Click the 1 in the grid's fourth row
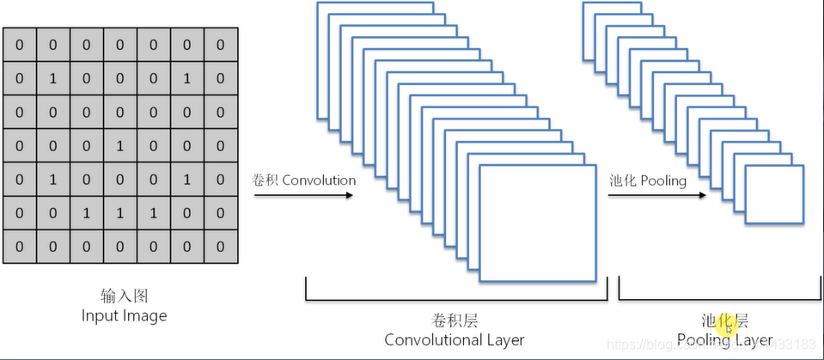coord(119,146)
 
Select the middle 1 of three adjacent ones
coord(119,213)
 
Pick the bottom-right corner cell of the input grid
coord(220,247)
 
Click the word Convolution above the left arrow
coord(319,180)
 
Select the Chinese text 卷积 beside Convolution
coord(265,180)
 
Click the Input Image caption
coord(124,315)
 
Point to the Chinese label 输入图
coord(124,296)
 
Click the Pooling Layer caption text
coord(724,340)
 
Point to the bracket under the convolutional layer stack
coord(455,300)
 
